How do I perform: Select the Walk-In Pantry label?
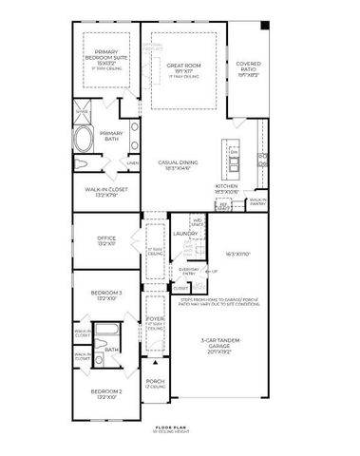click(x=256, y=202)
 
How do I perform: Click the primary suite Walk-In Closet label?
click(x=106, y=192)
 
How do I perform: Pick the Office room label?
click(x=106, y=241)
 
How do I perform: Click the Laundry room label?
click(x=185, y=233)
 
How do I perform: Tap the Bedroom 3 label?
click(x=106, y=294)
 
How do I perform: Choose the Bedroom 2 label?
click(x=106, y=394)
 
